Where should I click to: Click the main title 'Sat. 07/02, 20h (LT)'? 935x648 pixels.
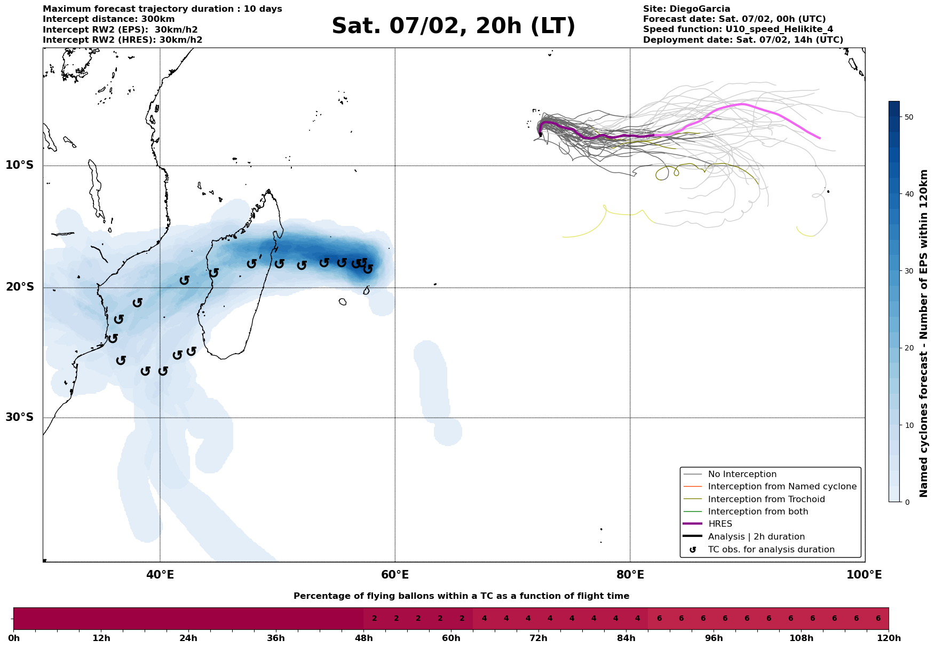453,26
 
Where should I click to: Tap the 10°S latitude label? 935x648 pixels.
20,165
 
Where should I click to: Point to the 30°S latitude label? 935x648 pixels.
20,417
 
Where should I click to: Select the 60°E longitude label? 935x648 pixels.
395,575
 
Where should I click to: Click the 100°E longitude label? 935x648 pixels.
864,575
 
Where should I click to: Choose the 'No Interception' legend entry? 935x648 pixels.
742,474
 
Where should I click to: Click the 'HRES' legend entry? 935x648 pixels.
720,524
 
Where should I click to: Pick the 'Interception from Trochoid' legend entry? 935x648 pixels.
766,499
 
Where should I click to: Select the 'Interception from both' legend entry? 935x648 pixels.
758,512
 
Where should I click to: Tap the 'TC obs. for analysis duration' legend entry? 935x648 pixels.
771,550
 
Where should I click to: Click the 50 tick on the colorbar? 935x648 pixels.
909,117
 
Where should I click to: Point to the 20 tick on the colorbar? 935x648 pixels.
909,348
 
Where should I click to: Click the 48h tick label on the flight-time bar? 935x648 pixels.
363,638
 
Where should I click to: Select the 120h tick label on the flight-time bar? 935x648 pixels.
888,638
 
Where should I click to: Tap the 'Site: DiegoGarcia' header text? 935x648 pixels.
686,9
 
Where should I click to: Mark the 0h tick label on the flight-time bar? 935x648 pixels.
14,638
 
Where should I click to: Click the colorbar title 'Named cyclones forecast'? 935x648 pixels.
924,333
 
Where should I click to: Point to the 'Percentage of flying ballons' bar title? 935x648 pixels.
461,596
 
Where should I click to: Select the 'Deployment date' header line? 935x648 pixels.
743,40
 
